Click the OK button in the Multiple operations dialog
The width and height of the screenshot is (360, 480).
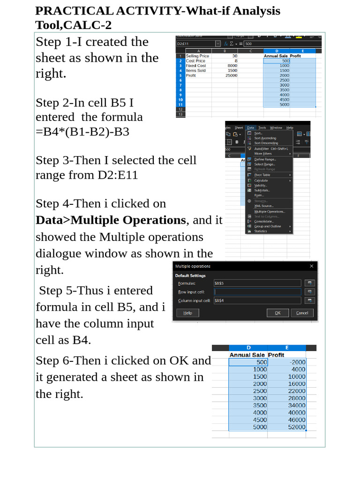tap(277, 313)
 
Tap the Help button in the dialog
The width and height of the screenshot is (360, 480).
tap(187, 313)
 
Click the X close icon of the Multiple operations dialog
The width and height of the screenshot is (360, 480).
tap(312, 266)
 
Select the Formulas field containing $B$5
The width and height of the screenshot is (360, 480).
tap(257, 283)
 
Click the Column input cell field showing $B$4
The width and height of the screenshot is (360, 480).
tap(257, 300)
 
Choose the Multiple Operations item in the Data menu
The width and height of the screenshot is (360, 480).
tap(270, 211)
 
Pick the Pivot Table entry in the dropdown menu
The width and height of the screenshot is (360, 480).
tap(262, 175)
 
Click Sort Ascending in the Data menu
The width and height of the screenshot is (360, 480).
tap(265, 138)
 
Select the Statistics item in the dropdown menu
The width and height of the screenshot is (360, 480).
tap(261, 231)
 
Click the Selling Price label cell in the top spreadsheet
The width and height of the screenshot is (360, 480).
tap(197, 56)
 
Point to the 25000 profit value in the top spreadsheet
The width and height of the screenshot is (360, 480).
tap(231, 75)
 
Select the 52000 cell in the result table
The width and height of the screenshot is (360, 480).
tap(296, 427)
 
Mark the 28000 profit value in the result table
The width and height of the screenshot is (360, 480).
tap(296, 398)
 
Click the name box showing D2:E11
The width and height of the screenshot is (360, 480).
tap(195, 44)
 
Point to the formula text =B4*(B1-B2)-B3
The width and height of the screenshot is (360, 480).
tap(82, 132)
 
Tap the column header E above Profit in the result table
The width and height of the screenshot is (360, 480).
tap(286, 348)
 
